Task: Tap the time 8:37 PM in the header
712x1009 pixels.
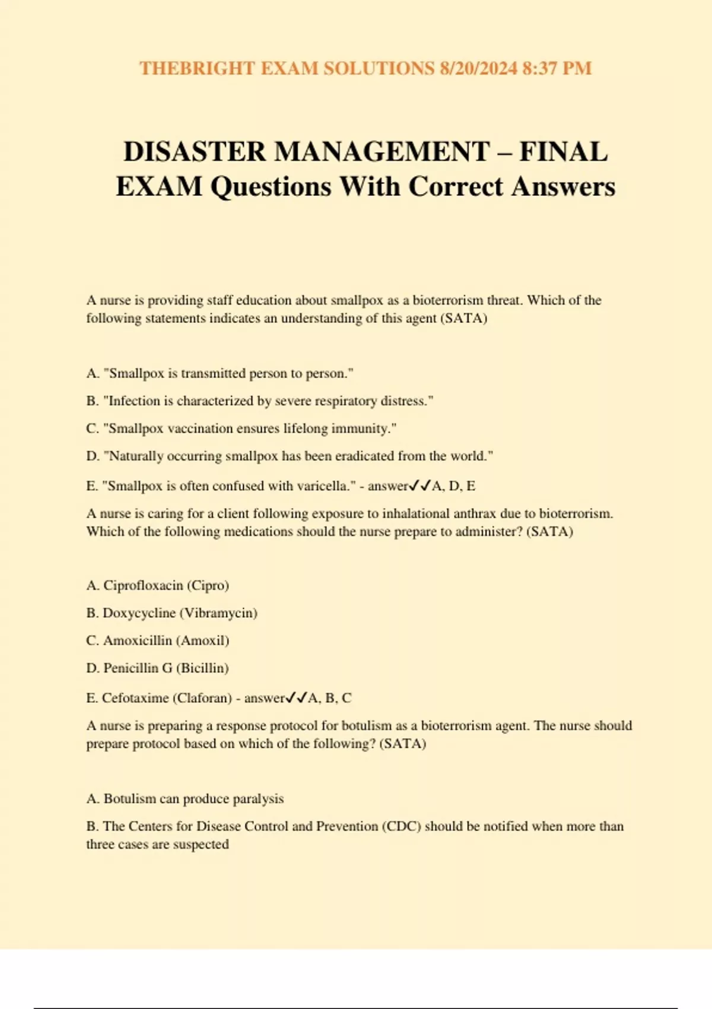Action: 557,68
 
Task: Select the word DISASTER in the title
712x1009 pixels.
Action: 195,151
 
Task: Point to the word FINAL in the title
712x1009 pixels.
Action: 564,151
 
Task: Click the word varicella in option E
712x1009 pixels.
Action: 320,486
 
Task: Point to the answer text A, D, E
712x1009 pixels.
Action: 454,486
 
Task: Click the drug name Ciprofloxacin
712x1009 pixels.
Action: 143,586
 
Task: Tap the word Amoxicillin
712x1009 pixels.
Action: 138,641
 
